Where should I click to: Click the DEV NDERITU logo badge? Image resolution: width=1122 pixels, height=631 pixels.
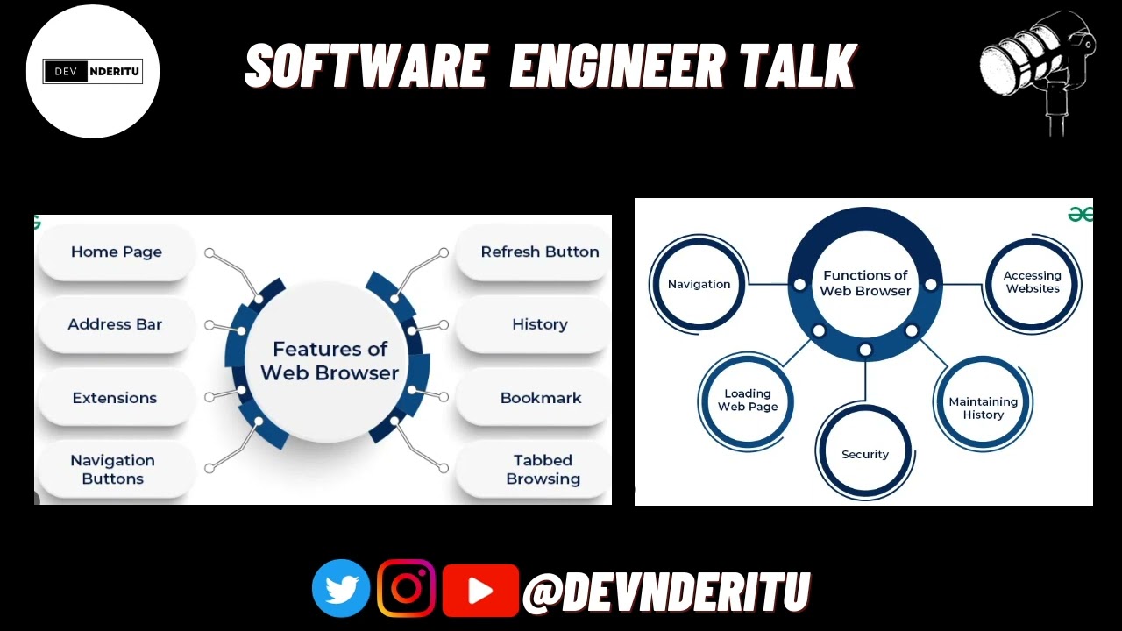(x=92, y=71)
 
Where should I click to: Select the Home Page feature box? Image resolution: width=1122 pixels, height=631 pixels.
(x=117, y=252)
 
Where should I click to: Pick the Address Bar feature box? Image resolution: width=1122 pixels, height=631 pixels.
(x=115, y=324)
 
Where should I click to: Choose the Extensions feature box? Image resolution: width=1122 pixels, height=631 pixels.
(x=115, y=398)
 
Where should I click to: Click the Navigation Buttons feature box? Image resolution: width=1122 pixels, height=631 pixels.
(x=113, y=470)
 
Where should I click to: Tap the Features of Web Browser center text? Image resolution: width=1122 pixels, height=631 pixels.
(x=330, y=361)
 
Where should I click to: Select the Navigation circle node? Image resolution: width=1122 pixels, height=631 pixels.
(x=699, y=285)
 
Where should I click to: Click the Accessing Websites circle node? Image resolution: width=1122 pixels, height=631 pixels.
(x=1033, y=282)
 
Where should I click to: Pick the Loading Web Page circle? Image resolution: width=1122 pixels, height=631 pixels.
(x=748, y=401)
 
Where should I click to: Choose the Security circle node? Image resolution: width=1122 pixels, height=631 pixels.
(x=865, y=455)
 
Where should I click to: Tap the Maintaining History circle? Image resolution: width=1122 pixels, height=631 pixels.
(x=983, y=408)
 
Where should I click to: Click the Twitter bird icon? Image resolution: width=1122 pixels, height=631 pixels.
(x=341, y=588)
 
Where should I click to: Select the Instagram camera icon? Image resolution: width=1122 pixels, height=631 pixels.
(x=407, y=588)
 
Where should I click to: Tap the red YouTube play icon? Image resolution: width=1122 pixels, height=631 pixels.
(x=480, y=590)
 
